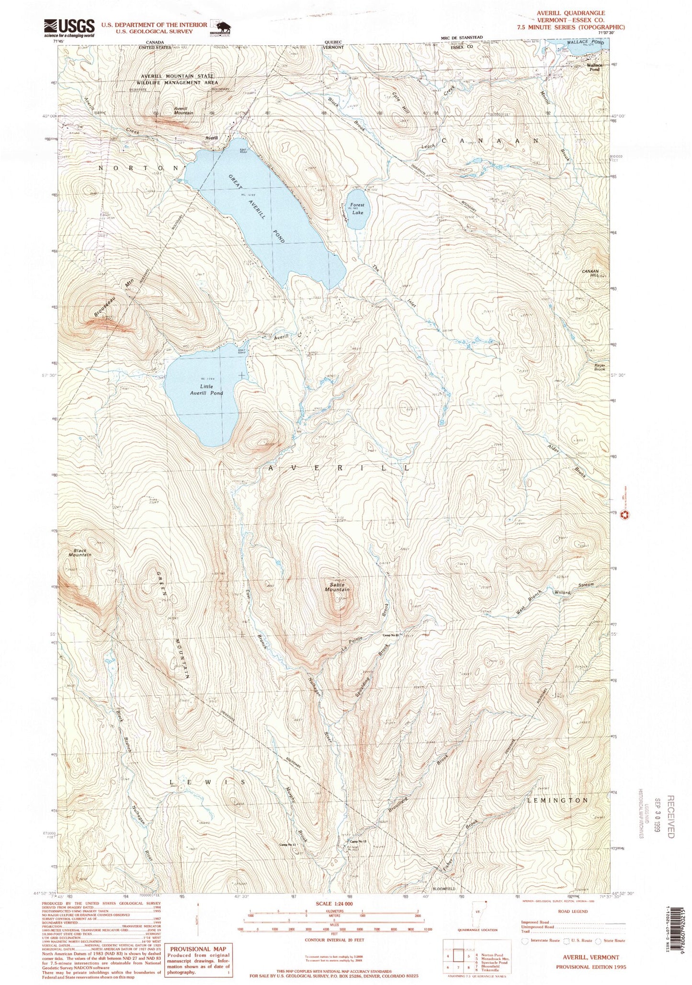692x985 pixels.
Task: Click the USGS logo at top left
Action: tap(69, 28)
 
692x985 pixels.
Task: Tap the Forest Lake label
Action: tap(357, 208)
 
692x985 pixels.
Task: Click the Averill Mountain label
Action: tap(183, 110)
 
